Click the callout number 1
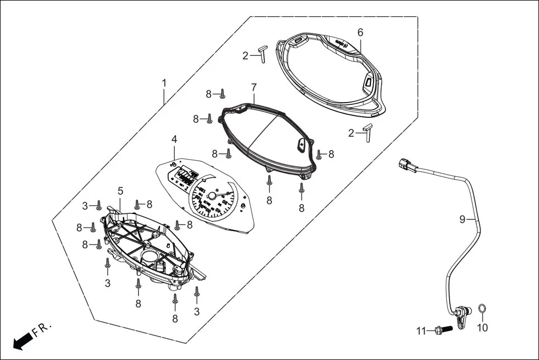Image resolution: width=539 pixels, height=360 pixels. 164,83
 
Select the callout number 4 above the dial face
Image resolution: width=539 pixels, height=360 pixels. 174,138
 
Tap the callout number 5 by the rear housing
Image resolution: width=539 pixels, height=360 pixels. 120,191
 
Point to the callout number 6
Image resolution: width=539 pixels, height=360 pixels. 360,33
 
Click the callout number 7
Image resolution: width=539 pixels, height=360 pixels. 254,88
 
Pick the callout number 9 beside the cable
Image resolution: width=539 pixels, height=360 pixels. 462,219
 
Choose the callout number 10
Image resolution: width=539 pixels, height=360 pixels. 482,328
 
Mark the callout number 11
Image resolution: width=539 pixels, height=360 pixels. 421,331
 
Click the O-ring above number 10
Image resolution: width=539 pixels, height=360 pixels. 483,309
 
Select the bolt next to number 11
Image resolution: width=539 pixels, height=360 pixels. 441,330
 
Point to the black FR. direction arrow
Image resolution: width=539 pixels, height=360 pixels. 22,340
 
